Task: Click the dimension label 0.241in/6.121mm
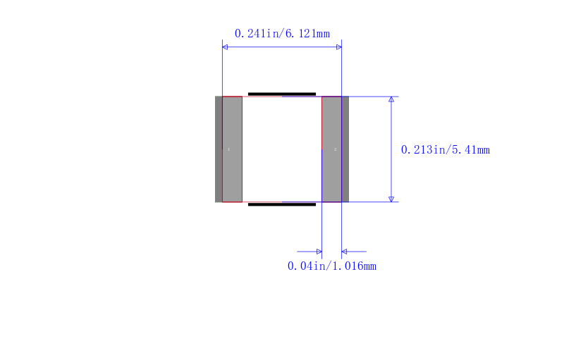(282, 33)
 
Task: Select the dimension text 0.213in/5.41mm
(446, 149)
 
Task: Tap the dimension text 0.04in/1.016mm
(331, 266)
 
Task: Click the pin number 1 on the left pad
(228, 149)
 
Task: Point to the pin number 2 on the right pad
(336, 149)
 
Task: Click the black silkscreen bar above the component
(282, 94)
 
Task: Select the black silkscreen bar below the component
(282, 204)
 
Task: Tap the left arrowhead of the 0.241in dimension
(225, 46)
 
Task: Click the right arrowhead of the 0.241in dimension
(339, 46)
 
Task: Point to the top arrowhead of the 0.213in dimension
(391, 99)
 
